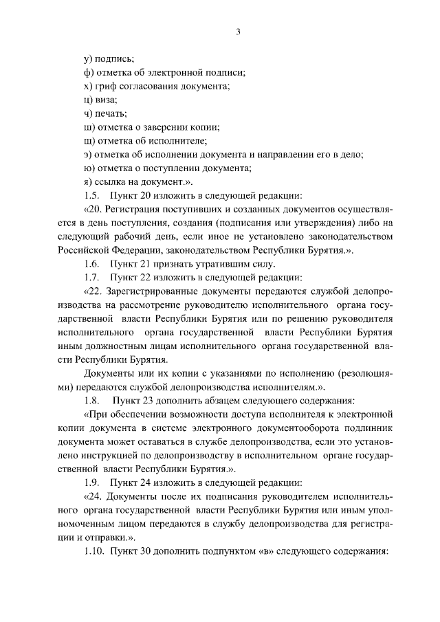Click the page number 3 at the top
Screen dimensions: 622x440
point(237,31)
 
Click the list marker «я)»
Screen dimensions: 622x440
point(87,181)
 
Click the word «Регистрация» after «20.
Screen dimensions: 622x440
point(136,209)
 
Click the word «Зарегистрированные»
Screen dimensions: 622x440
point(155,291)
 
